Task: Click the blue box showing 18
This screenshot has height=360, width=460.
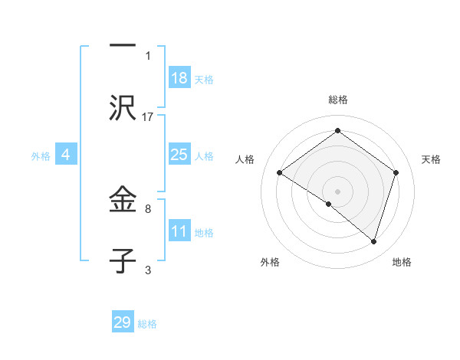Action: (179, 78)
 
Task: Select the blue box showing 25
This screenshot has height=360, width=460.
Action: (179, 155)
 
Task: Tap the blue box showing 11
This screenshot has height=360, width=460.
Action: (179, 231)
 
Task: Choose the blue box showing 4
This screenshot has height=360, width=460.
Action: (66, 155)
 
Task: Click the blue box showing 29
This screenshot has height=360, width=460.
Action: (123, 322)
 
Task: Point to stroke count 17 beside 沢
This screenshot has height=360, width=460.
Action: (148, 116)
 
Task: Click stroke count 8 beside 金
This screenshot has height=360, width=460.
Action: (148, 208)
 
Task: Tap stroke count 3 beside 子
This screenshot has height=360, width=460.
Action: (148, 270)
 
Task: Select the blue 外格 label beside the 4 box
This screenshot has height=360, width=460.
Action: (41, 155)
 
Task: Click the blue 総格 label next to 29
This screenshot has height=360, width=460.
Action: (147, 324)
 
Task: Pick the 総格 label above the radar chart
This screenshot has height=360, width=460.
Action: (337, 100)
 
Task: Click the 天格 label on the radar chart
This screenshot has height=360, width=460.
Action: (431, 159)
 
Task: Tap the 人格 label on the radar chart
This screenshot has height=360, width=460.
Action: (245, 159)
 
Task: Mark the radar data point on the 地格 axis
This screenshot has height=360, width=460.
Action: (373, 241)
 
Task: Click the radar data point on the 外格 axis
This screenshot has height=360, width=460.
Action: (329, 204)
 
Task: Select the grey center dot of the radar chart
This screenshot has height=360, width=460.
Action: (337, 191)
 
